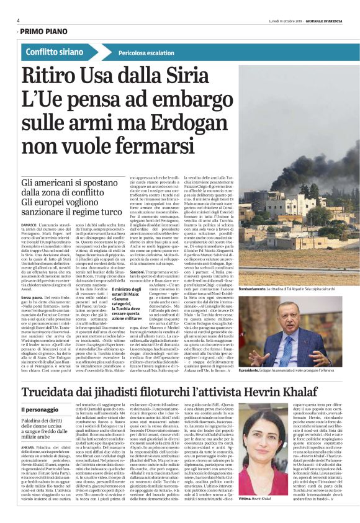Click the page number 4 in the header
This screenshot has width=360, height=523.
pyautogui.click(x=19, y=20)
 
